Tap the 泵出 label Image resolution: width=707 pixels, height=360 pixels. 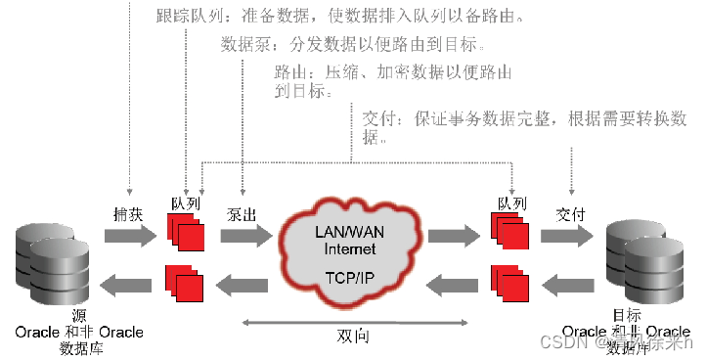pos(242,211)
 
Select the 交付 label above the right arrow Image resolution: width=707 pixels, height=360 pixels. pos(570,211)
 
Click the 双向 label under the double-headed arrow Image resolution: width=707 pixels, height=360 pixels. pos(351,334)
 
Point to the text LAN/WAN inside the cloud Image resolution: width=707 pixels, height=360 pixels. pos(351,232)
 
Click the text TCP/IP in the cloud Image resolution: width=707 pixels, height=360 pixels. pos(351,277)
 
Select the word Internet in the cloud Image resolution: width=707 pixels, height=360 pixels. pos(351,247)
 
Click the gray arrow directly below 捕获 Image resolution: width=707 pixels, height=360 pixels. pos(128,236)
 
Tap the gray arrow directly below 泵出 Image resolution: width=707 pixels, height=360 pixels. pos(245,236)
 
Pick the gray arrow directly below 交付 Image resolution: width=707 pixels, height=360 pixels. pos(570,236)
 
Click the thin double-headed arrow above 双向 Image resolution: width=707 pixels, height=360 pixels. pos(351,320)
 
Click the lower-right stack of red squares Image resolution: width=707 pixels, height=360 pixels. pos(511,282)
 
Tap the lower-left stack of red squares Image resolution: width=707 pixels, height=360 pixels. pos(186,282)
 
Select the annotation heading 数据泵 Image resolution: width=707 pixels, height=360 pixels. pos(238,45)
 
